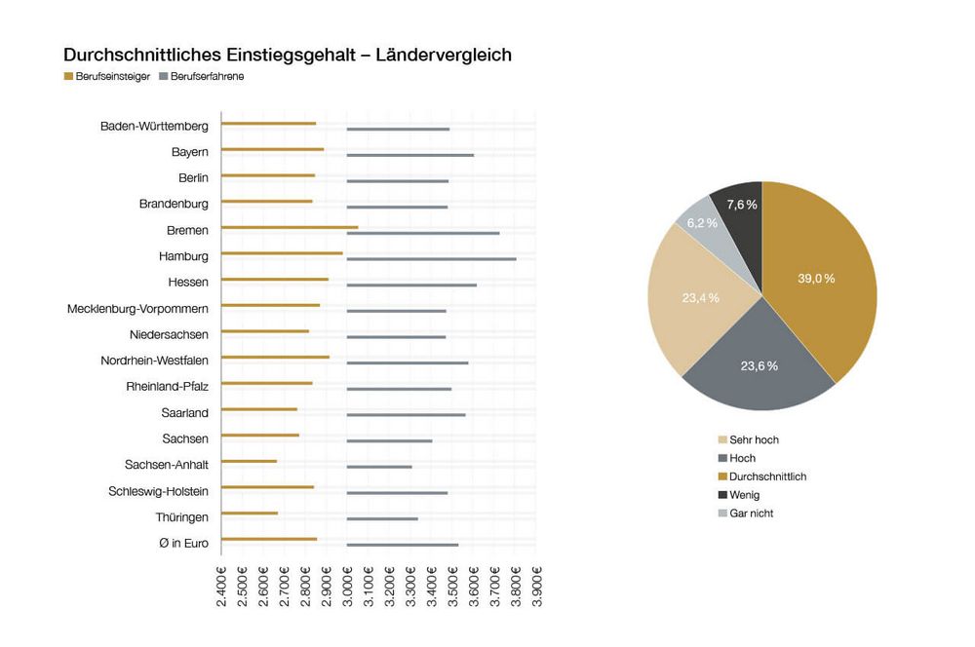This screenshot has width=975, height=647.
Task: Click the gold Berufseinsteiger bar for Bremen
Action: tap(290, 228)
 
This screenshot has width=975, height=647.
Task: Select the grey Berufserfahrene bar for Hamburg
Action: tap(431, 259)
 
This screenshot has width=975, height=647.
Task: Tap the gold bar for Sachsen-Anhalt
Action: tap(249, 462)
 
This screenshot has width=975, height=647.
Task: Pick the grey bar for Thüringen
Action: tap(382, 518)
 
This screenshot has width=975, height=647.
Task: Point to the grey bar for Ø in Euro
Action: tap(403, 545)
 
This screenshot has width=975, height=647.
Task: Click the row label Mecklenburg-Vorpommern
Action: tap(137, 309)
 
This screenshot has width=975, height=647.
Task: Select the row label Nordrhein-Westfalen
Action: tap(154, 361)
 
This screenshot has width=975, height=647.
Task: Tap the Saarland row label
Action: tap(184, 413)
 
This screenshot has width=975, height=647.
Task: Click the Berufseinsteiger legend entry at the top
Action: tap(106, 77)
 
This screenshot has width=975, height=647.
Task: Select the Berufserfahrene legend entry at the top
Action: tap(201, 77)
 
